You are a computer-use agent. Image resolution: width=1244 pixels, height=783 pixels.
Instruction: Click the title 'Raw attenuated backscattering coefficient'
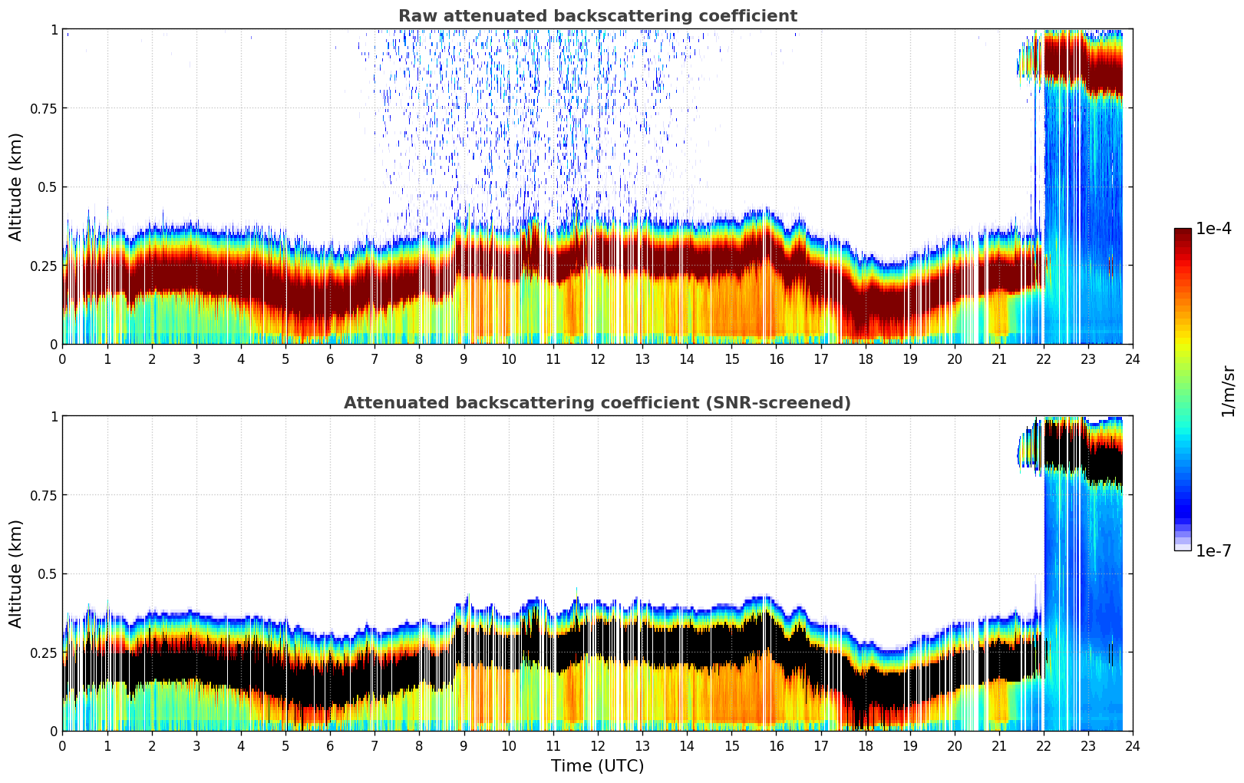[597, 16]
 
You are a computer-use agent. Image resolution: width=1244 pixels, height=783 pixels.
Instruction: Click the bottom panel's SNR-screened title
[597, 403]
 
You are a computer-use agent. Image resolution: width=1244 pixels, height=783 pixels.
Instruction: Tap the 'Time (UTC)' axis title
[597, 765]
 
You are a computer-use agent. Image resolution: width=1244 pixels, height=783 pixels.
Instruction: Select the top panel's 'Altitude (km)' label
[16, 187]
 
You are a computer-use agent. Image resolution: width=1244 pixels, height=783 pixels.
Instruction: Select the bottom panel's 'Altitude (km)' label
[16, 573]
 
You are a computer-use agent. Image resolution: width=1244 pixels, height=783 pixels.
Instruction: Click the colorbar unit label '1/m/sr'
[1228, 391]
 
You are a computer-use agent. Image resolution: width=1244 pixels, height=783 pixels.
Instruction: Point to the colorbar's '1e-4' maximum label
[1213, 229]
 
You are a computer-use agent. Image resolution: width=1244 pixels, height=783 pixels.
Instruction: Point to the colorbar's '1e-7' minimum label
[1213, 550]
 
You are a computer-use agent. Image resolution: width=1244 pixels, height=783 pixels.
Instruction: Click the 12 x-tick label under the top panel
[598, 358]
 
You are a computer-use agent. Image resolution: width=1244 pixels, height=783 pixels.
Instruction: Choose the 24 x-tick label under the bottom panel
[1133, 745]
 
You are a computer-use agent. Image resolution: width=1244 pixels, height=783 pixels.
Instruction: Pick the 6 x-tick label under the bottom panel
[330, 745]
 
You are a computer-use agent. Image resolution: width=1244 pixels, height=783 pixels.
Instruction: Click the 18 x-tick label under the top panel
[865, 358]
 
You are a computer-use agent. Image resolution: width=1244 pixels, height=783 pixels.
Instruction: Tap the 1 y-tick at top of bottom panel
[54, 417]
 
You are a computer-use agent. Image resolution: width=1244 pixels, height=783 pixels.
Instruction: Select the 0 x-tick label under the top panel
[63, 358]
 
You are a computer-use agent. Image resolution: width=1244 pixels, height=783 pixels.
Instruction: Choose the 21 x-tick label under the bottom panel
[998, 745]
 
